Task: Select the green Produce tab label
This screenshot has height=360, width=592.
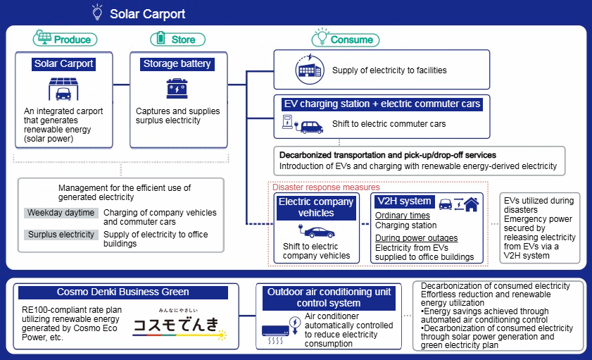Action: [x=65, y=39]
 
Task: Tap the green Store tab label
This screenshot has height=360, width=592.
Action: [x=177, y=39]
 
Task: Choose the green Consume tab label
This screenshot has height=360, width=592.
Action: [x=345, y=39]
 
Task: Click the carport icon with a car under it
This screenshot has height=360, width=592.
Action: [x=63, y=89]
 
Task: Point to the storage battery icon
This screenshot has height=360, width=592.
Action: [x=176, y=89]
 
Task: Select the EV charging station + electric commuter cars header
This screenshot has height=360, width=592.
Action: [x=382, y=104]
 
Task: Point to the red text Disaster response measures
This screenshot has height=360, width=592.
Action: [x=326, y=187]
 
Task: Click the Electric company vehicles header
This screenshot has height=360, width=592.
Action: [x=316, y=207]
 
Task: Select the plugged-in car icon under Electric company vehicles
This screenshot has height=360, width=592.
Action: [x=315, y=231]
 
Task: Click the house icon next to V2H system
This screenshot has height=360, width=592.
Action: [x=471, y=204]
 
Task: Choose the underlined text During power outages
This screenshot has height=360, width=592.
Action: [x=416, y=238]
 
